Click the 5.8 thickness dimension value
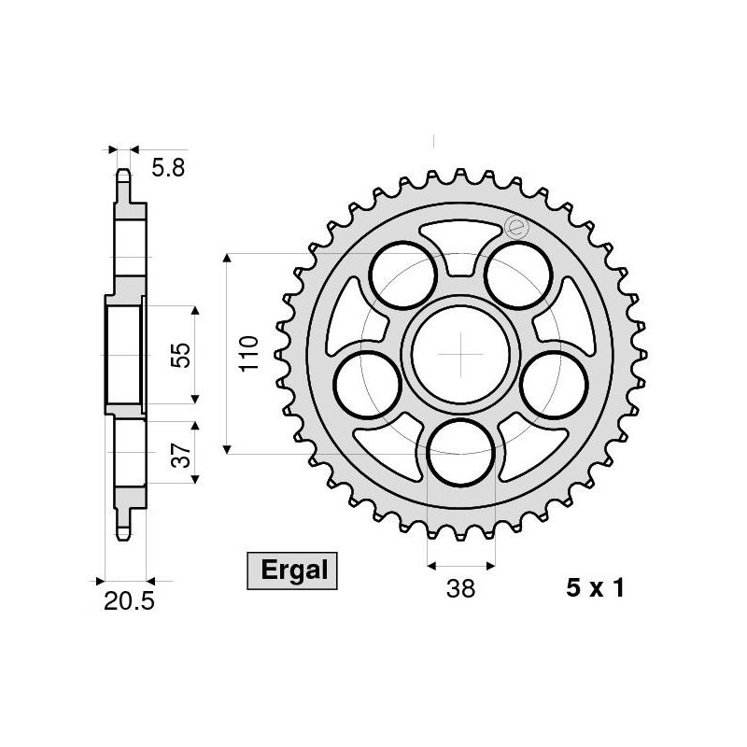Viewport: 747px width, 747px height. click(x=169, y=168)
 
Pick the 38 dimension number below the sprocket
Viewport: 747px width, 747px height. click(x=461, y=589)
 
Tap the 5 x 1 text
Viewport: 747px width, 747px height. click(x=594, y=589)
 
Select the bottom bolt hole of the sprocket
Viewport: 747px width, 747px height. click(x=461, y=454)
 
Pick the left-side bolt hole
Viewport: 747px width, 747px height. click(x=370, y=386)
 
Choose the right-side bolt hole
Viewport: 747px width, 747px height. click(x=555, y=386)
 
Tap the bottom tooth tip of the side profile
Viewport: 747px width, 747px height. click(x=122, y=535)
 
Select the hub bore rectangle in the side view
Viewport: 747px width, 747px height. click(x=122, y=354)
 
